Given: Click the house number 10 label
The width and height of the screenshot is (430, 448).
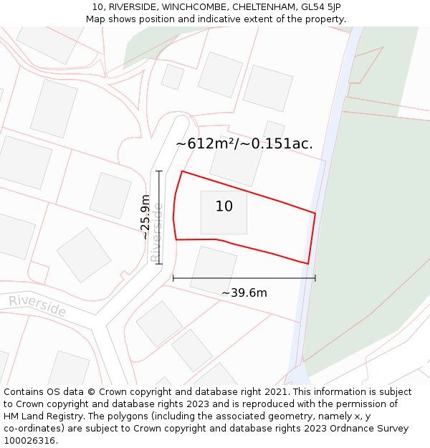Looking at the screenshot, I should (x=224, y=206).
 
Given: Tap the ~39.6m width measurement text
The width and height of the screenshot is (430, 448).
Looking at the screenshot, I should (x=244, y=292).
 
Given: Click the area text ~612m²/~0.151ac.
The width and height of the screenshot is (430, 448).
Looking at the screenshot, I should (x=244, y=143).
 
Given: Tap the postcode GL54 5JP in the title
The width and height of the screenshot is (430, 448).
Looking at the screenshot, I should (x=320, y=7).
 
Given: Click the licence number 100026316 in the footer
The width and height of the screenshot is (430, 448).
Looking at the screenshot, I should (x=29, y=440).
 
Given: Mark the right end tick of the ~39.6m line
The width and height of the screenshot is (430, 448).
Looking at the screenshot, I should (x=315, y=278).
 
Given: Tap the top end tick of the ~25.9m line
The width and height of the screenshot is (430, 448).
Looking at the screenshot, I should (x=159, y=171).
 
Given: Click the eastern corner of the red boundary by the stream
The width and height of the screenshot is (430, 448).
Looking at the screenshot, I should (x=315, y=213).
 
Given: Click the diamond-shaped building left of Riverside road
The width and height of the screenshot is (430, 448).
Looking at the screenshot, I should (x=83, y=254).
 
